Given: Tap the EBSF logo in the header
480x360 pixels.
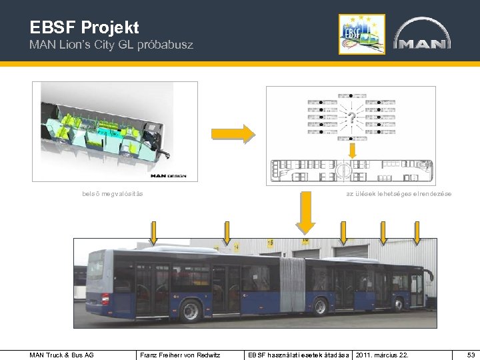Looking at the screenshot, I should (x=362, y=33).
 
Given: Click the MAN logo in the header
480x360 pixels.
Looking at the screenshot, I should (x=422, y=35).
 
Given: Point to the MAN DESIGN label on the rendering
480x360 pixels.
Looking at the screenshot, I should (x=169, y=176).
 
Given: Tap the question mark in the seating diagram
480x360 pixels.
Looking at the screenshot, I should (x=351, y=119).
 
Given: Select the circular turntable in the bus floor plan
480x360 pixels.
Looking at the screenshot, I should (x=342, y=170).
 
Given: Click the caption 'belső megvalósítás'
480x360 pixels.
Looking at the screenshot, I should (x=112, y=194).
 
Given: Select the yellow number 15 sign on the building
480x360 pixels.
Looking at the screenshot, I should (x=270, y=244).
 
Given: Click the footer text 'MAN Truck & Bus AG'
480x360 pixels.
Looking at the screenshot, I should (x=61, y=355).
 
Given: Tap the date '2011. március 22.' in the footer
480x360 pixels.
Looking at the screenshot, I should (x=383, y=355).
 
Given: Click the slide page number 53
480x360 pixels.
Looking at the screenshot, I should (x=471, y=355).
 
